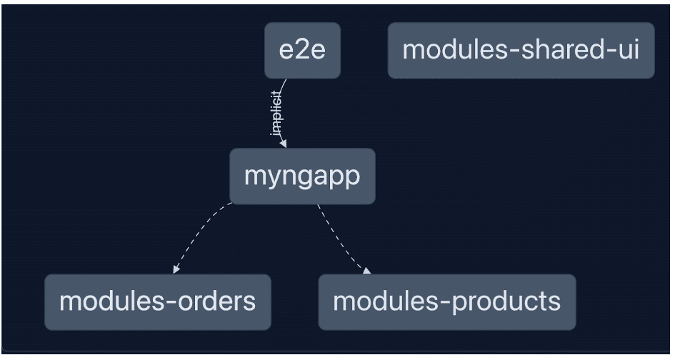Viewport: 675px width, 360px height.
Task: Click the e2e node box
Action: (302, 51)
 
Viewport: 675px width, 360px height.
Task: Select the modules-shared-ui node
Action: (521, 51)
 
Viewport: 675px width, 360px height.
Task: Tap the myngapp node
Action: (302, 176)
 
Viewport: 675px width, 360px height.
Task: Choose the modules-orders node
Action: (157, 301)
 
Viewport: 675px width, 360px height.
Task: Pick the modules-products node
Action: (447, 301)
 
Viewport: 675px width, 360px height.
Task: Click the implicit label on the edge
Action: (276, 114)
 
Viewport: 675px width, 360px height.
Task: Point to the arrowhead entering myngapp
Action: (284, 144)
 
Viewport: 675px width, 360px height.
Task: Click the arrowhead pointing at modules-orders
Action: (176, 270)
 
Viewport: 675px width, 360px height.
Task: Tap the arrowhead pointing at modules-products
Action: (367, 271)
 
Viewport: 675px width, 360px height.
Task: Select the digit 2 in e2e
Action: (302, 51)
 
